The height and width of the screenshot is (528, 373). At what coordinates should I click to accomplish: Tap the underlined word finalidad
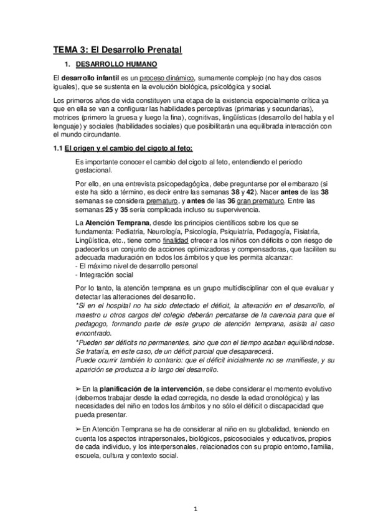176,239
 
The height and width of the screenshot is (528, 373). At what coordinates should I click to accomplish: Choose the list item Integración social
103,274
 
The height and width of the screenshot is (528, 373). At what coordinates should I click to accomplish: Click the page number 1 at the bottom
196,509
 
